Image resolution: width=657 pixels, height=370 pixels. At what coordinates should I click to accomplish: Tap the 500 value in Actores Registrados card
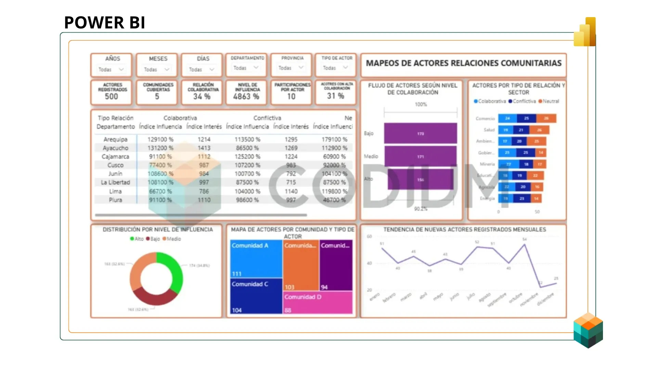pyautogui.click(x=112, y=97)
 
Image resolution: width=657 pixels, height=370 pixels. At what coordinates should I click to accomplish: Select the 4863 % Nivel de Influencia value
pyautogui.click(x=246, y=97)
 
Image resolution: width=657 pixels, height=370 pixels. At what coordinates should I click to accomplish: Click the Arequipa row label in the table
pyautogui.click(x=115, y=139)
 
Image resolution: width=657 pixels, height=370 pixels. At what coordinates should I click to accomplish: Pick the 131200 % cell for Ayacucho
pyautogui.click(x=160, y=148)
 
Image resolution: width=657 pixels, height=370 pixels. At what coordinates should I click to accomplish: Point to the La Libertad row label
pyautogui.click(x=115, y=182)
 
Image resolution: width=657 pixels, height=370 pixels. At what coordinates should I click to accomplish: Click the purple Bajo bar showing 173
pyautogui.click(x=420, y=133)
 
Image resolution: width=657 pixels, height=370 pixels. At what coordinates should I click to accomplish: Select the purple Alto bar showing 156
pyautogui.click(x=420, y=179)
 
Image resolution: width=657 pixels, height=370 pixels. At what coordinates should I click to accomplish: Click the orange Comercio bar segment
pyautogui.click(x=546, y=118)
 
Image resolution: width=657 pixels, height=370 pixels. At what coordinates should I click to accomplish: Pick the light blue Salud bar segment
pyautogui.click(x=505, y=130)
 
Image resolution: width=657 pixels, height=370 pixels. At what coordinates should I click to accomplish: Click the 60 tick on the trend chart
pyautogui.click(x=369, y=236)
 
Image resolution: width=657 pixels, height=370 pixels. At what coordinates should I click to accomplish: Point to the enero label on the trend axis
pyautogui.click(x=375, y=296)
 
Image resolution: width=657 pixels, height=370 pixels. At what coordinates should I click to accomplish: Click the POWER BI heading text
pyautogui.click(x=105, y=23)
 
